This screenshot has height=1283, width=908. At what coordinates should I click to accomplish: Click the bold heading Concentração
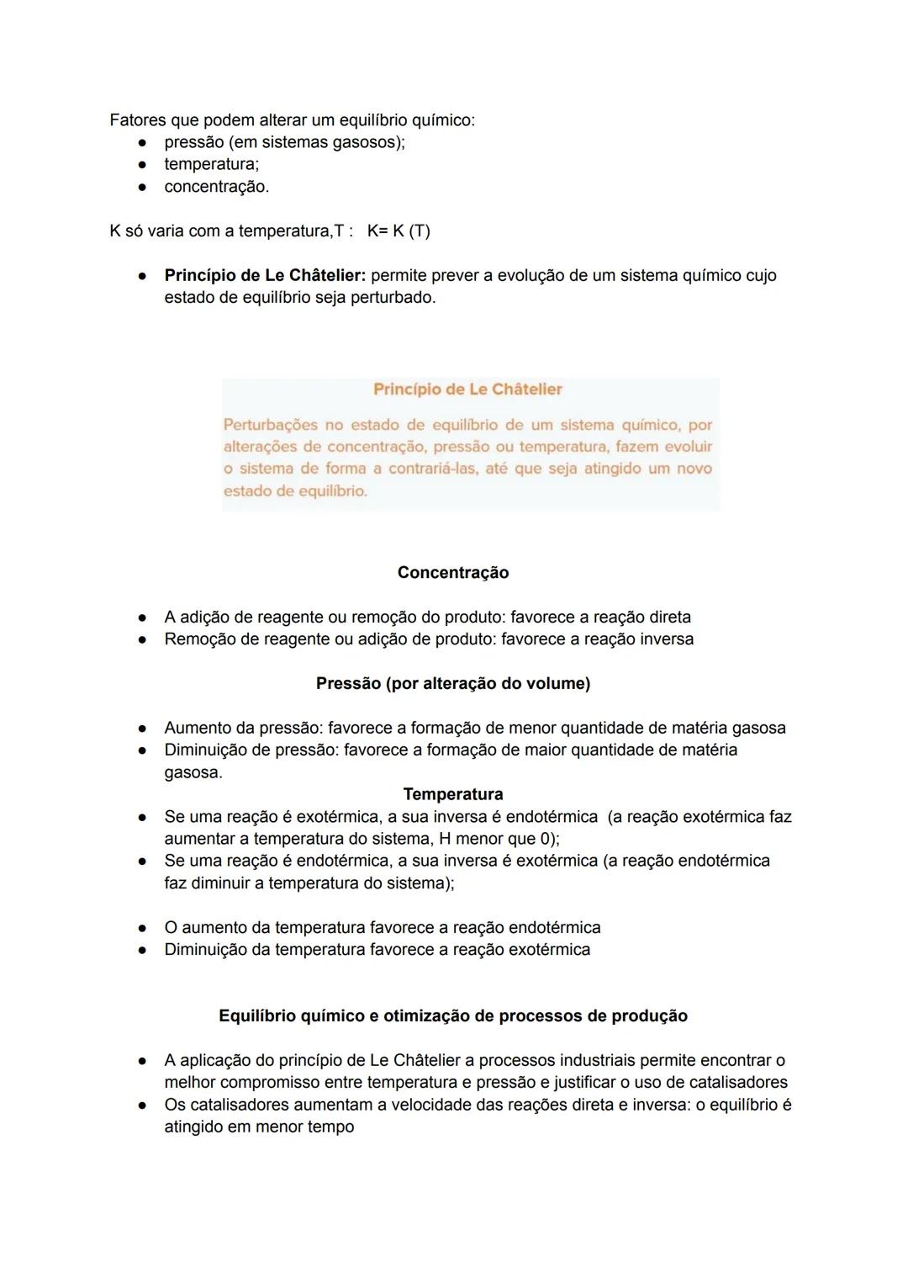[x=452, y=573]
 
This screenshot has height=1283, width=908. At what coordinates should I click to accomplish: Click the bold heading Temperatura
[x=452, y=794]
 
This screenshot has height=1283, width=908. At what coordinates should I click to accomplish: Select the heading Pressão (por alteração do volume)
[x=452, y=684]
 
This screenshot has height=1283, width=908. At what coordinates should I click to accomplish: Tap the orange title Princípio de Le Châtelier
[x=467, y=390]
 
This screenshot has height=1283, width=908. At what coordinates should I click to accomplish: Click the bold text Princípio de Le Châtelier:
[x=265, y=276]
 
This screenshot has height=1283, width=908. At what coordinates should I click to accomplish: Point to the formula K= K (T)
[x=399, y=231]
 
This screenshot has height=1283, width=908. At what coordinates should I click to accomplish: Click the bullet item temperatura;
[x=211, y=164]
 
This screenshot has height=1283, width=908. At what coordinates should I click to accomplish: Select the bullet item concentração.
[x=216, y=187]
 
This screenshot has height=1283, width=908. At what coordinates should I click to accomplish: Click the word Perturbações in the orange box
[x=271, y=425]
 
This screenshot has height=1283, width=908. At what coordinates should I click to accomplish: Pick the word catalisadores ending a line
[x=738, y=1083]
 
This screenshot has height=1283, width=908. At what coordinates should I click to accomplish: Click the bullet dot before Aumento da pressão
[x=144, y=729]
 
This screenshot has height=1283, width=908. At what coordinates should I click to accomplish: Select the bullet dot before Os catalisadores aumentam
[x=144, y=1105]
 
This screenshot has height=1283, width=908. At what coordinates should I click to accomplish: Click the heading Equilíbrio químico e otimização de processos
[x=452, y=1016]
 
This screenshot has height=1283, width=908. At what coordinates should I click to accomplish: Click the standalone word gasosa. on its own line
[x=193, y=772]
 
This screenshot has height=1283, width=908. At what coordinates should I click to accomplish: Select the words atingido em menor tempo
[x=259, y=1127]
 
